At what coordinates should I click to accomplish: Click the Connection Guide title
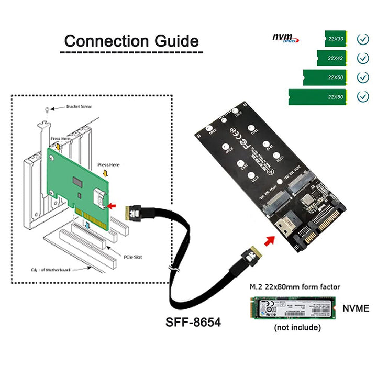[131, 41]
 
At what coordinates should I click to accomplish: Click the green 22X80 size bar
[318, 97]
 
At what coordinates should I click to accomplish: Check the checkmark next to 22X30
[362, 39]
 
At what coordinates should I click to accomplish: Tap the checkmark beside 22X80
[362, 97]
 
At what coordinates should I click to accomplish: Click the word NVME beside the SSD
[356, 308]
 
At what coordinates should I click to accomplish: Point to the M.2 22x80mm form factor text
[294, 287]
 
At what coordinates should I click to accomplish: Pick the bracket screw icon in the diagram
[48, 109]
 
